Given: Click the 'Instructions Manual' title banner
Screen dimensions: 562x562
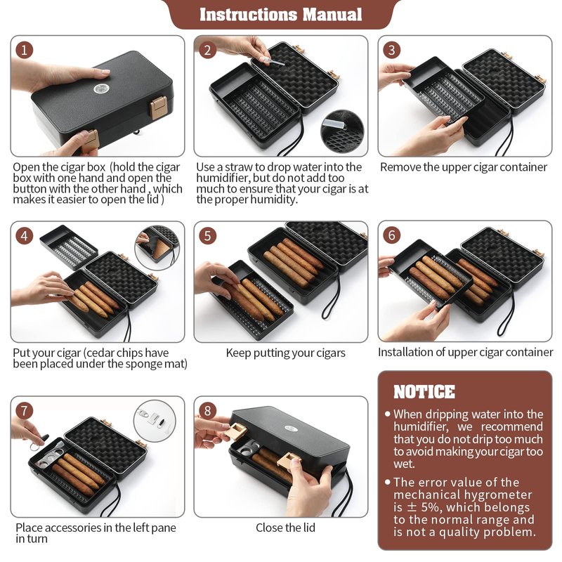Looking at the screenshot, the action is (x=280, y=14).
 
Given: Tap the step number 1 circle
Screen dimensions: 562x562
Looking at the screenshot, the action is (x=24, y=50).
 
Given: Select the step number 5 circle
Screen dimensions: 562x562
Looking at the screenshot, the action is (x=207, y=236).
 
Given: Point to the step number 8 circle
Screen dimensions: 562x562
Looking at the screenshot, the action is (x=207, y=411).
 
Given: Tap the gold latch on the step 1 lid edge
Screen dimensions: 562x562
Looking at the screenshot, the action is (x=158, y=107).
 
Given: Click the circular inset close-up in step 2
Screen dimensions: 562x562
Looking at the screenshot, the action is (x=342, y=131).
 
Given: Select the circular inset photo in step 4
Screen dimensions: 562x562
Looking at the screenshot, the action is (x=157, y=248).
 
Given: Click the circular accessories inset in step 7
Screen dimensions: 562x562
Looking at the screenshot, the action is (x=155, y=421).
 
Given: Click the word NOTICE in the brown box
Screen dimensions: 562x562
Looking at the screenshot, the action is (x=424, y=392).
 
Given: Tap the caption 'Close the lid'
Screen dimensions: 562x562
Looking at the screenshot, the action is (x=285, y=528).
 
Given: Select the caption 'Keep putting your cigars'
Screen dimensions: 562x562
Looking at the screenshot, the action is (x=286, y=353).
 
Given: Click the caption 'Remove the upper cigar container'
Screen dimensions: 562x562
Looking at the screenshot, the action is (x=464, y=167).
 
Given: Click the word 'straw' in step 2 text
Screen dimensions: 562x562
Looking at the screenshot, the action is (x=238, y=167).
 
